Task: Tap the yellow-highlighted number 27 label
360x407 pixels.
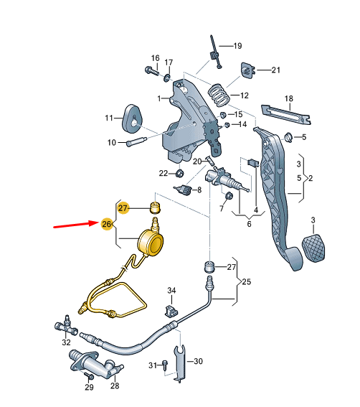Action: pyautogui.click(x=123, y=207)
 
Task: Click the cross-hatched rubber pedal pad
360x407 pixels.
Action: pyautogui.click(x=314, y=246)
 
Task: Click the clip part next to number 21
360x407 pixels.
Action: pyautogui.click(x=247, y=70)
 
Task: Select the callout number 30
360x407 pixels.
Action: pyautogui.click(x=199, y=361)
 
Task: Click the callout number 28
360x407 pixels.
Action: pyautogui.click(x=114, y=385)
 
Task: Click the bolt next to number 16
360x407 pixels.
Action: pyautogui.click(x=153, y=71)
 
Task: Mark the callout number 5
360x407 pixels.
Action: pyautogui.click(x=304, y=137)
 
